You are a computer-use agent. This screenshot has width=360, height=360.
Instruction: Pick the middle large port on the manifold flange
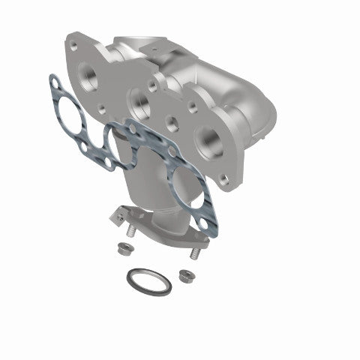point(139,97)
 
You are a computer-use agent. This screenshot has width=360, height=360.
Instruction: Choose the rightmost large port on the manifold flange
point(206,139)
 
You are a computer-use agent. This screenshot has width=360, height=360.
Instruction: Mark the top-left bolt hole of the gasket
point(52,79)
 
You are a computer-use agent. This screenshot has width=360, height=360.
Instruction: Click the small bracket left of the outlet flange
point(116,216)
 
